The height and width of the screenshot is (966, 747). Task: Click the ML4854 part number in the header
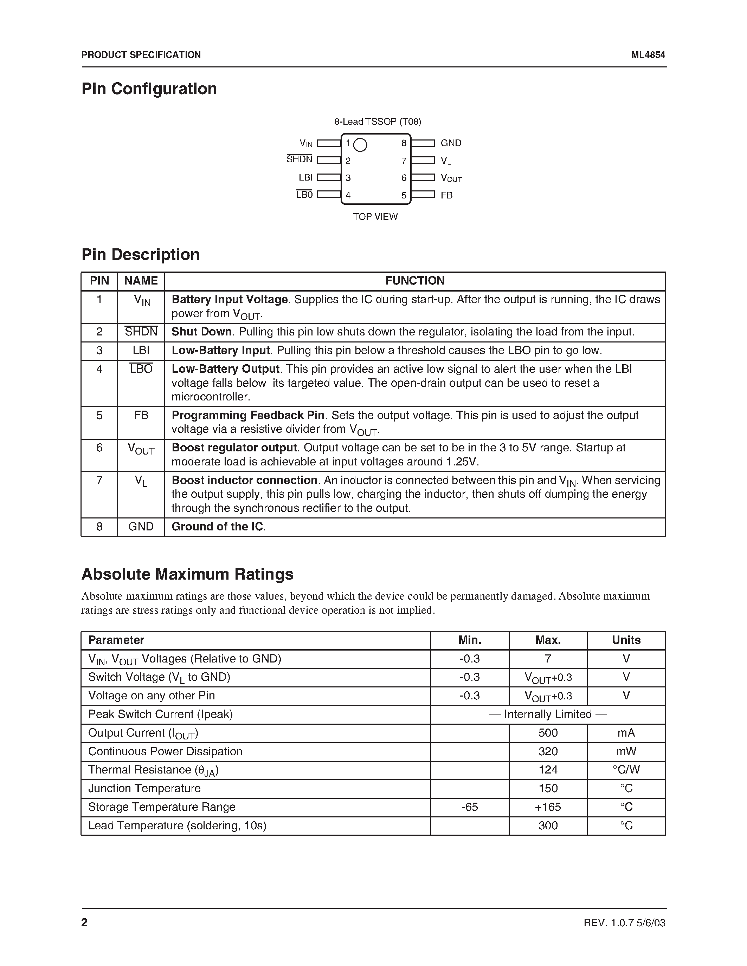point(648,55)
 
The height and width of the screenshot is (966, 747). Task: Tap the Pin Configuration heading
point(149,89)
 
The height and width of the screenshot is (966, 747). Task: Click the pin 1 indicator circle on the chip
point(360,145)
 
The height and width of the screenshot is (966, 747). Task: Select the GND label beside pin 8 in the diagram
point(451,143)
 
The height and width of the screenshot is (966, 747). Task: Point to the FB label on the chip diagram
point(446,195)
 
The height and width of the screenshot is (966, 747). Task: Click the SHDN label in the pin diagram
point(299,159)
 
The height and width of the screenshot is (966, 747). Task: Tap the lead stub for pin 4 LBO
point(329,195)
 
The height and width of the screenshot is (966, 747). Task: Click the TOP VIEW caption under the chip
point(375,217)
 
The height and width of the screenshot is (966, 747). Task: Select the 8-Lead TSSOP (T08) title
point(378,121)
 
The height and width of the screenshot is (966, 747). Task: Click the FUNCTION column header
point(415,281)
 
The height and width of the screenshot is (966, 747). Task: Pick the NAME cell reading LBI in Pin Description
point(141,350)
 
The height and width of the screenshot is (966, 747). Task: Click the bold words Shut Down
point(201,332)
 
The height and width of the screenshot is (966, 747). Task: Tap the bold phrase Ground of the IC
point(217,526)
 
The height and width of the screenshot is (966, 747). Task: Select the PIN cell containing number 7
point(99,480)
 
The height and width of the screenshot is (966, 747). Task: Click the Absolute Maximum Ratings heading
point(187,574)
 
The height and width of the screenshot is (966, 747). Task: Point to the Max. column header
point(548,640)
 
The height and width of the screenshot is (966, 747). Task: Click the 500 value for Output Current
point(548,733)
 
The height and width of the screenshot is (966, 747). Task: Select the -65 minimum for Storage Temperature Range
point(470,807)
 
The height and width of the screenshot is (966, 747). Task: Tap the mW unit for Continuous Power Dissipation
point(626,751)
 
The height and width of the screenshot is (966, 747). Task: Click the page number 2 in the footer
point(84,922)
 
